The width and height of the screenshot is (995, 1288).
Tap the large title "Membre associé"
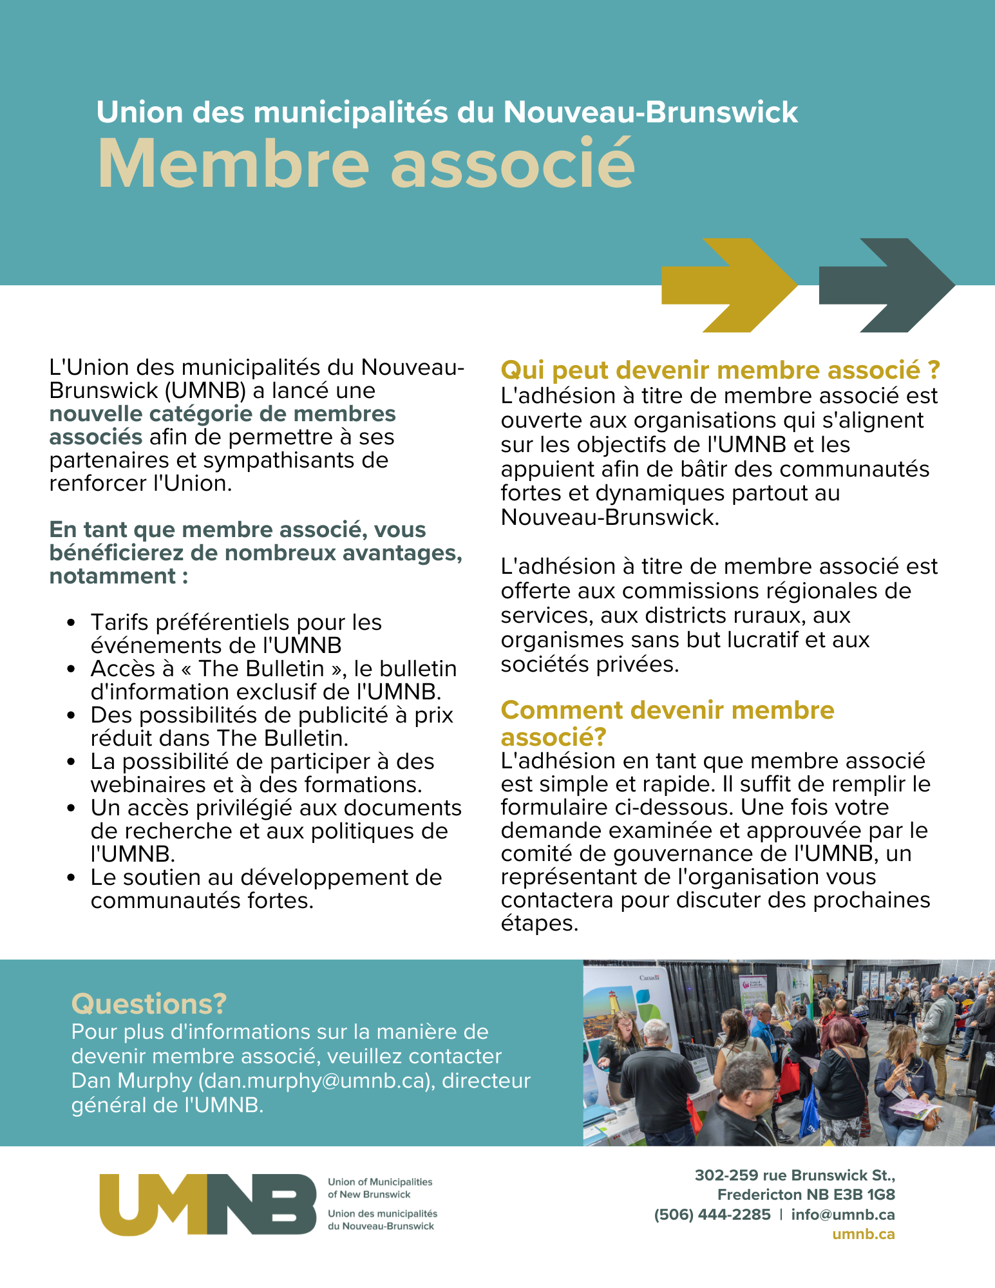tap(366, 164)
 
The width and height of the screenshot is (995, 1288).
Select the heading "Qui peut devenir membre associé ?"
tap(720, 370)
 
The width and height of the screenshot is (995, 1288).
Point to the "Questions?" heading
tap(149, 1003)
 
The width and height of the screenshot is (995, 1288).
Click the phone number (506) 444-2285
tap(712, 1215)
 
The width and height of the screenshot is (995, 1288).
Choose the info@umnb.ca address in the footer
tap(842, 1215)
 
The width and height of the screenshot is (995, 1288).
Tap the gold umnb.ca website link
tap(863, 1234)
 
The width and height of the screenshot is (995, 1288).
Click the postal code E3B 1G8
tap(864, 1195)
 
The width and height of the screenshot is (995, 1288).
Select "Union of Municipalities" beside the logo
tap(380, 1182)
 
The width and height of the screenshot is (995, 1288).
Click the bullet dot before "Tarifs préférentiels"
tap(71, 623)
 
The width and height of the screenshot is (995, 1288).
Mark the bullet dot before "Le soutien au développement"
tap(71, 878)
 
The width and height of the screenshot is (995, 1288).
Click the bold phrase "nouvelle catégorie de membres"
tap(222, 413)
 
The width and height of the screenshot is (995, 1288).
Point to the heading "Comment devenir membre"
tap(667, 710)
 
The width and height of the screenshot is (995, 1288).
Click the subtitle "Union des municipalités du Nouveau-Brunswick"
tap(447, 112)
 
